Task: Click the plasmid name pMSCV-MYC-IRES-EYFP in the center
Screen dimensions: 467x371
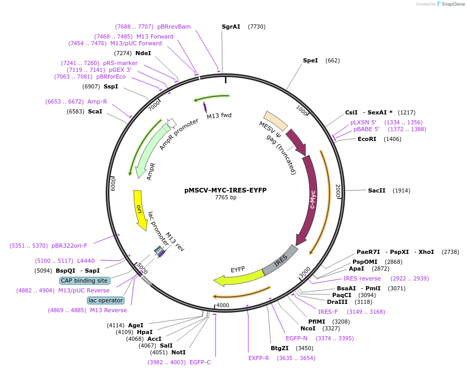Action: point(225,190)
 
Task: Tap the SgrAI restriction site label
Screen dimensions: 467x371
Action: point(231,27)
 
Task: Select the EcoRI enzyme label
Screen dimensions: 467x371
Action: point(367,139)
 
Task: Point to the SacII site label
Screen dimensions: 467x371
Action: point(376,190)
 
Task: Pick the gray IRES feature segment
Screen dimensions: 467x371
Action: point(280,261)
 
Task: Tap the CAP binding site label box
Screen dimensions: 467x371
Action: point(85,280)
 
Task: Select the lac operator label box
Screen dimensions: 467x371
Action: point(106,300)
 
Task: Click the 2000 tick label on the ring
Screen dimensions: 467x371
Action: point(338,191)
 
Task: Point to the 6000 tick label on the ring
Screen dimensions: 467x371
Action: point(113,184)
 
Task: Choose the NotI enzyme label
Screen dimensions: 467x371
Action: point(179,353)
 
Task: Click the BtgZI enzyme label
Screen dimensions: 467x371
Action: point(280,349)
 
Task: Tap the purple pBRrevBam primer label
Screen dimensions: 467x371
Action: point(174,27)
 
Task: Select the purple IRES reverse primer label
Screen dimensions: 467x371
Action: point(362,279)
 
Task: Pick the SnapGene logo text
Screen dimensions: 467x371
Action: point(453,4)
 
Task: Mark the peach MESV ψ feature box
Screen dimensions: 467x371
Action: point(275,121)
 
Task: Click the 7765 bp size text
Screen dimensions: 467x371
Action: point(225,197)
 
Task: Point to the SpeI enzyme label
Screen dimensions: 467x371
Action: point(310,60)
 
